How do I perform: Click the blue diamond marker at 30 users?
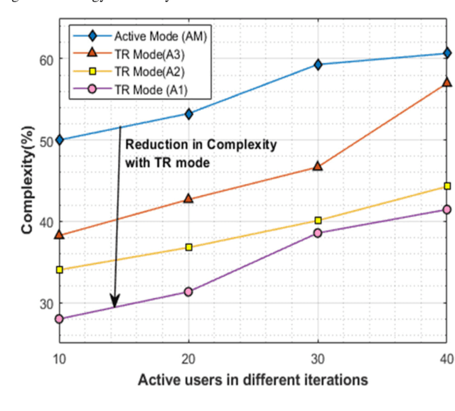pyautogui.click(x=318, y=65)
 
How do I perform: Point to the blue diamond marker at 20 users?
pyautogui.click(x=188, y=114)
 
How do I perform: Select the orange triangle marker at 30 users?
pyautogui.click(x=318, y=166)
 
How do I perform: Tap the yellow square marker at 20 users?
pyautogui.click(x=188, y=247)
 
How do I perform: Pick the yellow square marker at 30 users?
pyautogui.click(x=318, y=220)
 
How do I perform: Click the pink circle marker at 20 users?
pyautogui.click(x=188, y=292)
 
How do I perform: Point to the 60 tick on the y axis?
pyautogui.click(x=45, y=60)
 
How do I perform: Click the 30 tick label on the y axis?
pyautogui.click(x=45, y=303)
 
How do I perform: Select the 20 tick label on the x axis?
pyautogui.click(x=188, y=360)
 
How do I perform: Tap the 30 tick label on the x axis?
pyautogui.click(x=318, y=360)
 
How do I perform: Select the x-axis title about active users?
pyautogui.click(x=253, y=380)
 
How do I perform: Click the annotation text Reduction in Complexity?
pyautogui.click(x=200, y=144)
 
